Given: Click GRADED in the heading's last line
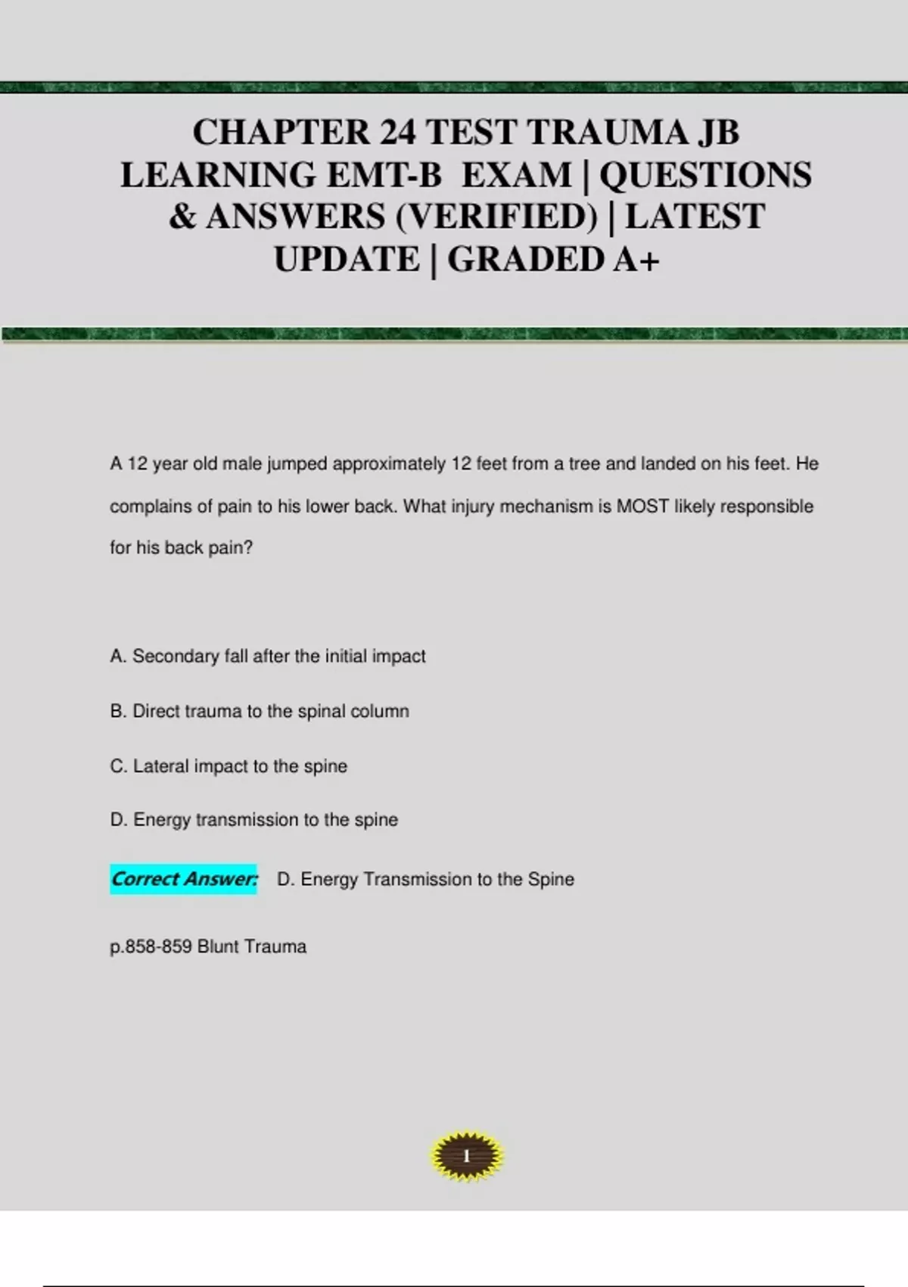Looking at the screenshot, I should [525, 259].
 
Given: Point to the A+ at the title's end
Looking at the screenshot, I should [636, 259].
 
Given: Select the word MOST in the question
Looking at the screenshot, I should [642, 506].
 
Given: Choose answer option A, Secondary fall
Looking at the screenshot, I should [268, 656].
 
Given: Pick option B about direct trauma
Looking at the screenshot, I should [260, 711].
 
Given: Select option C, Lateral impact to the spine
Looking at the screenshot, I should [229, 766].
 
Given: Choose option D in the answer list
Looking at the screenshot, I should [253, 819].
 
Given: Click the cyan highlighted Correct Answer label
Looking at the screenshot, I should [184, 879].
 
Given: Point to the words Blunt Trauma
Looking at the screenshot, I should [252, 946].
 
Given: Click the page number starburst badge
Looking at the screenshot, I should [466, 1156].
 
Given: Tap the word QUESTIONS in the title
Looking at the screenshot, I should [705, 175].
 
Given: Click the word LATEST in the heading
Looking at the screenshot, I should [695, 217].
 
